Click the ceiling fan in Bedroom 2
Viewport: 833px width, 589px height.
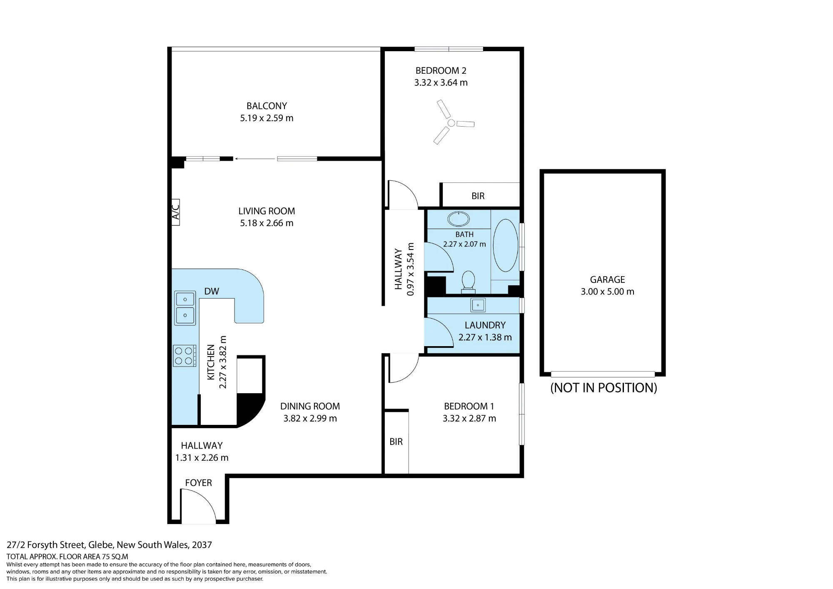coord(451,123)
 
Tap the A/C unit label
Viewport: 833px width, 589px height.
coord(176,212)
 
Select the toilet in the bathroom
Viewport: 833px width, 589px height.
coord(469,281)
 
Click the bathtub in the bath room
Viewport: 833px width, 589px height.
coord(506,245)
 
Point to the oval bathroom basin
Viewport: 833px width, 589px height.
coord(458,219)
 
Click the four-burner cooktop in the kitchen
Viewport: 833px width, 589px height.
coord(185,356)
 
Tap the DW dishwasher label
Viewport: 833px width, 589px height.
coord(212,291)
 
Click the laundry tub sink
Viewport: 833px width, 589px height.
coord(478,305)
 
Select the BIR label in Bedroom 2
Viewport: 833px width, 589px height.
coord(478,196)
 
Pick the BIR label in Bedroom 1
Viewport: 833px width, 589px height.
coord(396,442)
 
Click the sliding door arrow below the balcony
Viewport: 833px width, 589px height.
coord(255,159)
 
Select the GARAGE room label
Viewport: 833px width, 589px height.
coord(607,280)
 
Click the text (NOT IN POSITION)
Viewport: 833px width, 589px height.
coord(604,388)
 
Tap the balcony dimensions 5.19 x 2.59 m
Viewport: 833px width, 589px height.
coord(267,118)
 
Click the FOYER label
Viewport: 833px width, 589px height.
coord(199,483)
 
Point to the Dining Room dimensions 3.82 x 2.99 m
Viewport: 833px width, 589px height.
coord(310,418)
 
